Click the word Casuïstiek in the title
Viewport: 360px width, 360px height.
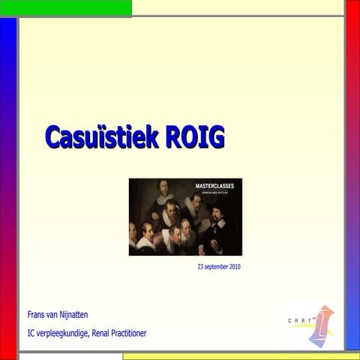(x=100, y=137)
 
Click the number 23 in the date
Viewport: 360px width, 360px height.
(x=201, y=266)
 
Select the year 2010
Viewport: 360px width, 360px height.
(x=235, y=266)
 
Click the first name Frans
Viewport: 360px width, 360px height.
(x=37, y=314)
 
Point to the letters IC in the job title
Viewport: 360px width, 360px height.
(x=31, y=332)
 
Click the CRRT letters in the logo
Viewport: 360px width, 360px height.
(x=300, y=321)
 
